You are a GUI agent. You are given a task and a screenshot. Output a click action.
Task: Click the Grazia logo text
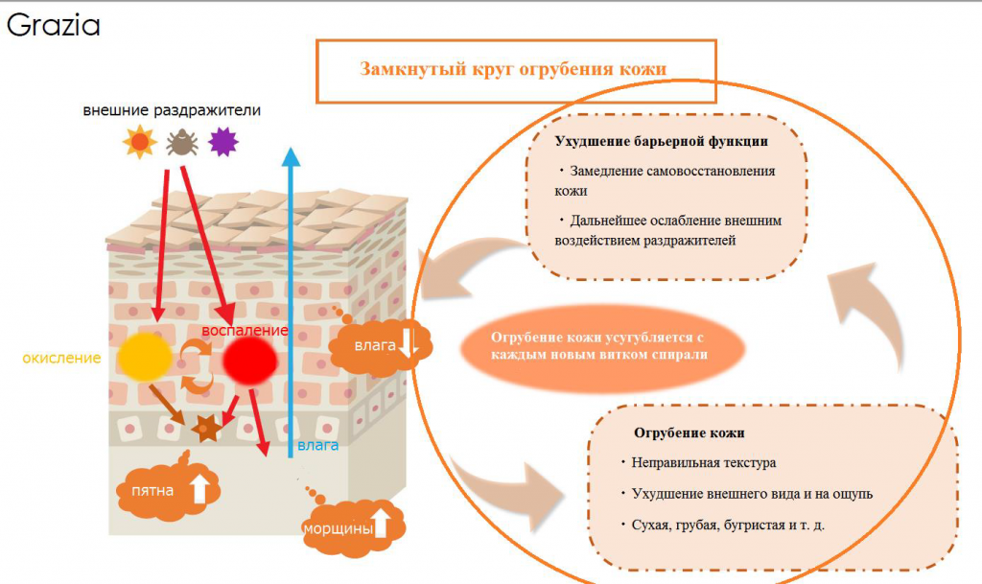point(53,26)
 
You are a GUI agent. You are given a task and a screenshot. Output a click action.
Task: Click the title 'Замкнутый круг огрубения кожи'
point(513,69)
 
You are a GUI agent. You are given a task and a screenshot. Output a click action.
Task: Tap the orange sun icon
point(139,143)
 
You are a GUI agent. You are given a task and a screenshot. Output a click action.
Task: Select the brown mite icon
point(181,143)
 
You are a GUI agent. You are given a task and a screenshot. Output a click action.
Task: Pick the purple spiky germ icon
point(223,142)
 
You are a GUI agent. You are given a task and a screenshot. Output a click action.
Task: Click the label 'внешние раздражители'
point(172,110)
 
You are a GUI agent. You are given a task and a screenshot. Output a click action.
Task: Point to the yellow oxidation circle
point(146,359)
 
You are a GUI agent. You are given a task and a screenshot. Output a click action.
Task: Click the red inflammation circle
point(250,362)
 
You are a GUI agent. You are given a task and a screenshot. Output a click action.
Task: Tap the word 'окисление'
point(61,359)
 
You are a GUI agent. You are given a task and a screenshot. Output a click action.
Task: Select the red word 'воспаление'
point(245,331)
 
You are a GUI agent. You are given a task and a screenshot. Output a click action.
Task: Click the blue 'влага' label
point(317,445)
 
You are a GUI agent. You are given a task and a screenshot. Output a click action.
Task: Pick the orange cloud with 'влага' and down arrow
point(381,345)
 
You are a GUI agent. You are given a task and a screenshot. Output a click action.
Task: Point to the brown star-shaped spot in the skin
point(206,430)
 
